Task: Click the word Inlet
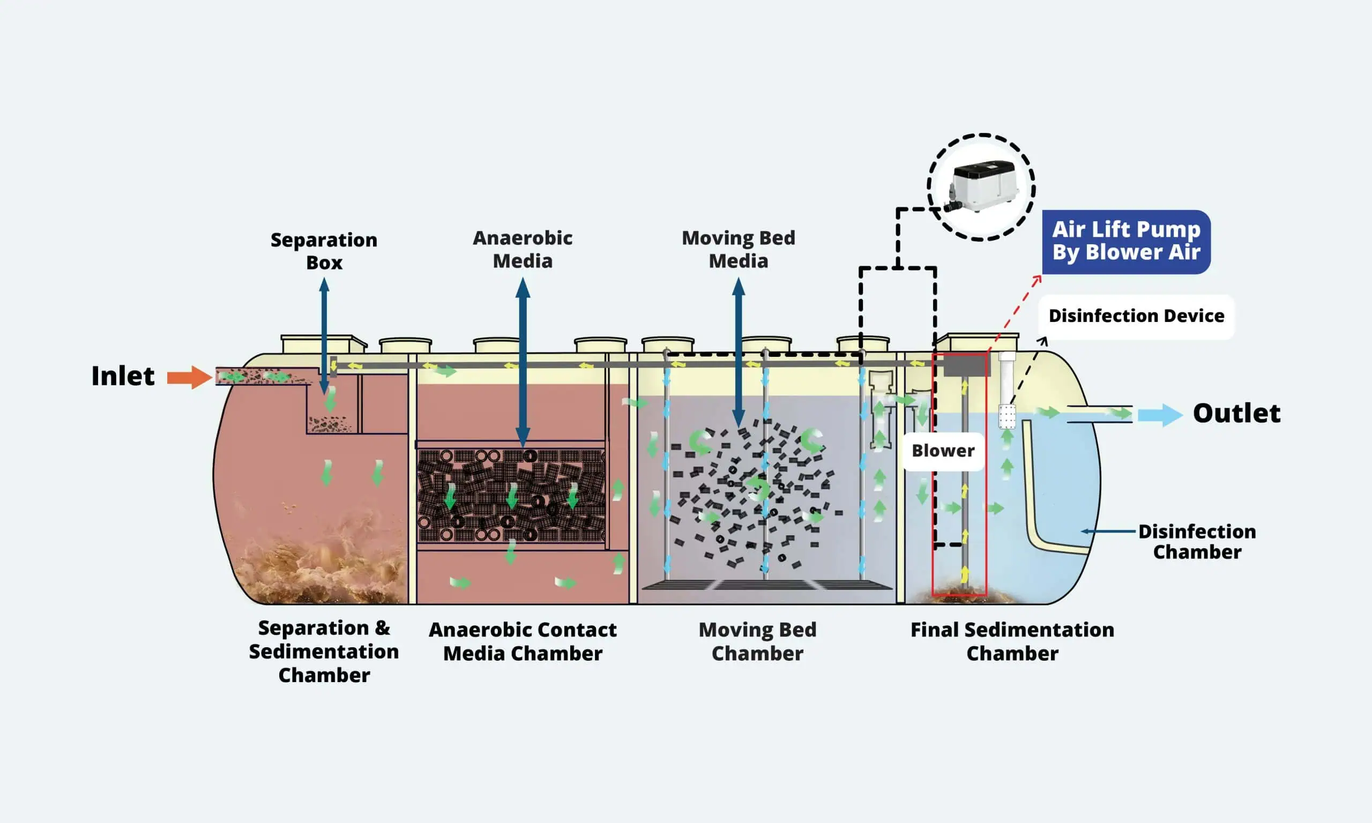pyautogui.click(x=123, y=376)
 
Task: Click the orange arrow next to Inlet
pyautogui.click(x=189, y=377)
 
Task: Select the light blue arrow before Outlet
pyautogui.click(x=1160, y=415)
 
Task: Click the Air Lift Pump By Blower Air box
pyautogui.click(x=1126, y=241)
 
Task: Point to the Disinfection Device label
pyautogui.click(x=1136, y=316)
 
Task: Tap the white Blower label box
pyautogui.click(x=943, y=451)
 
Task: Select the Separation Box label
pyautogui.click(x=324, y=251)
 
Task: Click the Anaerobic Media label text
pyautogui.click(x=523, y=250)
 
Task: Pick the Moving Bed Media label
pyautogui.click(x=738, y=250)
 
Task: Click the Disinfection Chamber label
pyautogui.click(x=1197, y=542)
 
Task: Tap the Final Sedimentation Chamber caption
pyautogui.click(x=1012, y=642)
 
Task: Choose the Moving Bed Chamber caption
pyautogui.click(x=757, y=642)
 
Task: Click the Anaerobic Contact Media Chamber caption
pyautogui.click(x=523, y=642)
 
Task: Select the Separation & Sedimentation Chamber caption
pyautogui.click(x=324, y=652)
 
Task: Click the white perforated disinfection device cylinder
pyautogui.click(x=1006, y=416)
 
